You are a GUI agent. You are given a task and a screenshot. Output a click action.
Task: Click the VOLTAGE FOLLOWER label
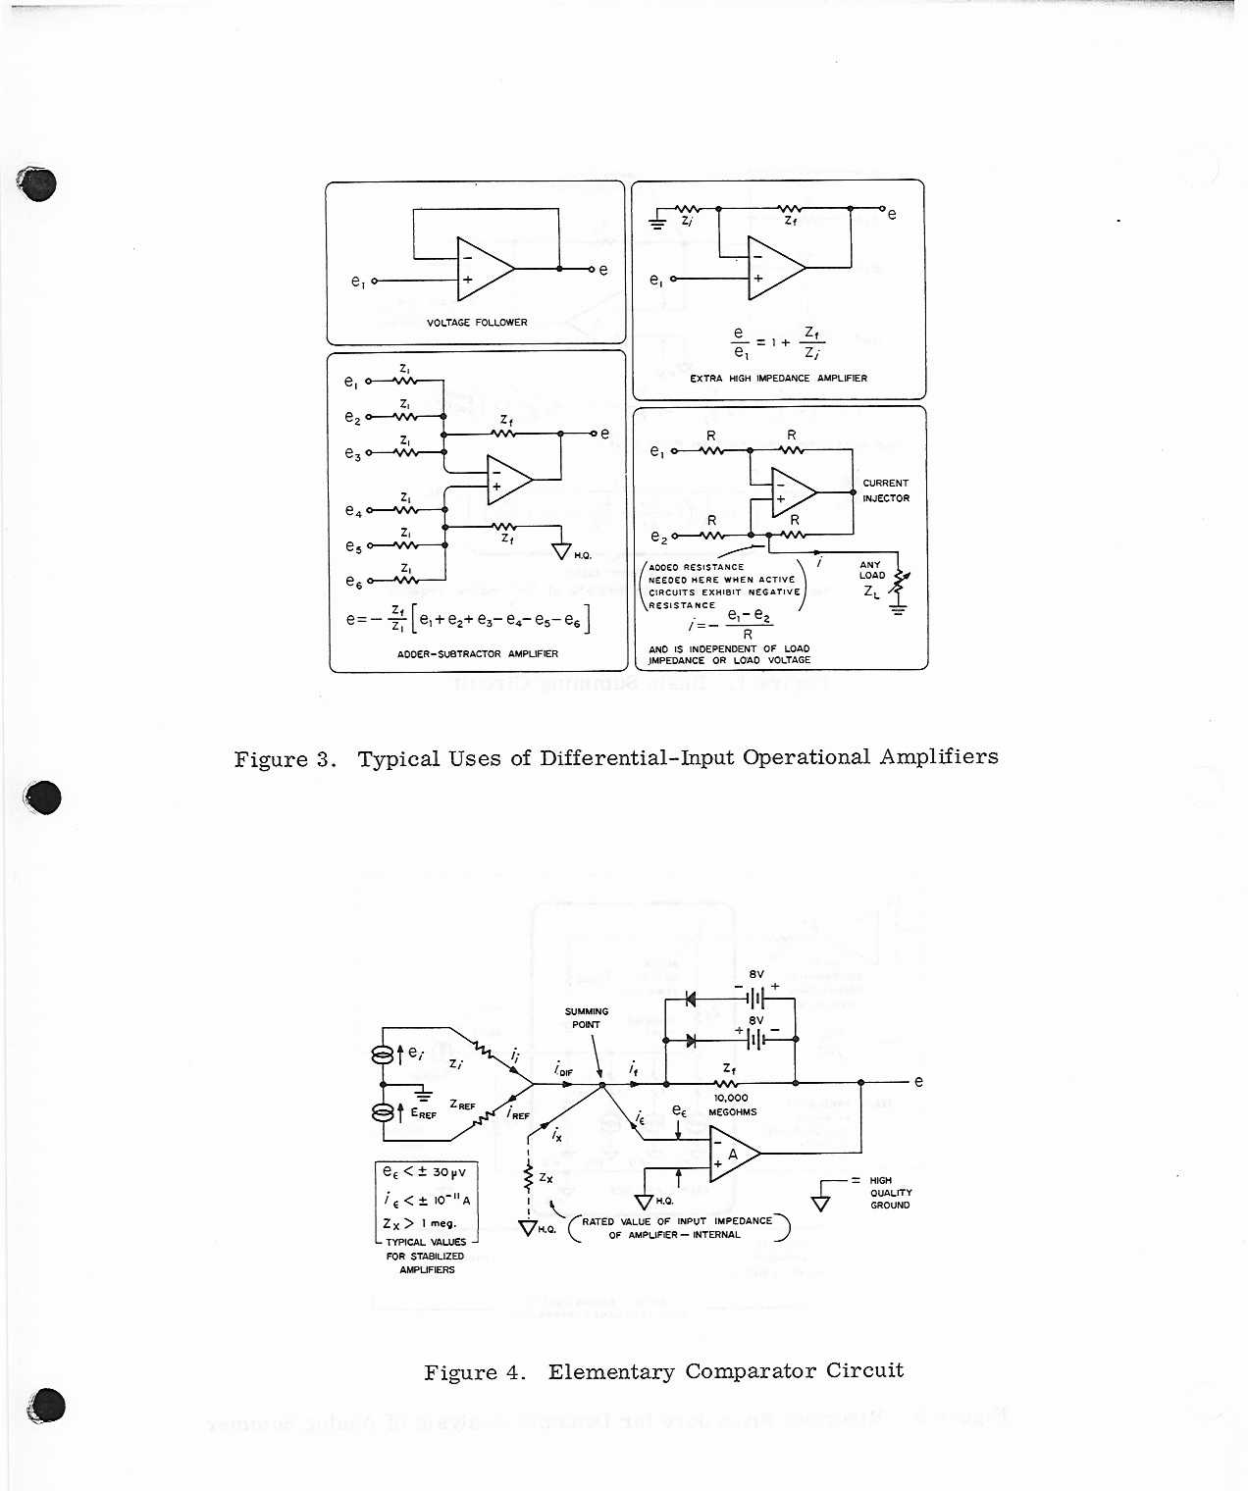tap(477, 323)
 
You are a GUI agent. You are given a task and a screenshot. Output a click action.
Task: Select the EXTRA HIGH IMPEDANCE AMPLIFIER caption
tap(778, 379)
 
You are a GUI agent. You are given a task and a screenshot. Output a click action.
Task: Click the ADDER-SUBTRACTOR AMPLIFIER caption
tap(478, 654)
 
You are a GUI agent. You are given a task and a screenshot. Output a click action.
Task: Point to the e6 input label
tap(353, 582)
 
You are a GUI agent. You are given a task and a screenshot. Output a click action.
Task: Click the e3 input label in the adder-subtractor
tap(353, 453)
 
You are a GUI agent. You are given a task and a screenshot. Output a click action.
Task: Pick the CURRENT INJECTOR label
tap(886, 490)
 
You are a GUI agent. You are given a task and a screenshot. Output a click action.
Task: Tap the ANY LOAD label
tap(871, 570)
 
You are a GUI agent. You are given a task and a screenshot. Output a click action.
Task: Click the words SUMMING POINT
tap(586, 1017)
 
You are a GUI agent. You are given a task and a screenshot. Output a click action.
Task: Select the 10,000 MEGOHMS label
tap(732, 1105)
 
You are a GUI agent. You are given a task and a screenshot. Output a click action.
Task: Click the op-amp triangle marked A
tap(732, 1155)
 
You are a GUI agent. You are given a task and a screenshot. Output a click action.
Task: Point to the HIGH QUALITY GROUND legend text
tap(890, 1193)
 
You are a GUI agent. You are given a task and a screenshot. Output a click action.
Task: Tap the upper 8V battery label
tap(755, 974)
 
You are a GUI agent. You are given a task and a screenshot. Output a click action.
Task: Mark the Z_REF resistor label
tap(462, 1105)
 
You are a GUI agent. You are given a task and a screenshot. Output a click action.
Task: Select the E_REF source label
tap(424, 1113)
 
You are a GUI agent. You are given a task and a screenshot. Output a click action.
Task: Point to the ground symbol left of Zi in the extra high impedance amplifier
tap(657, 222)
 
